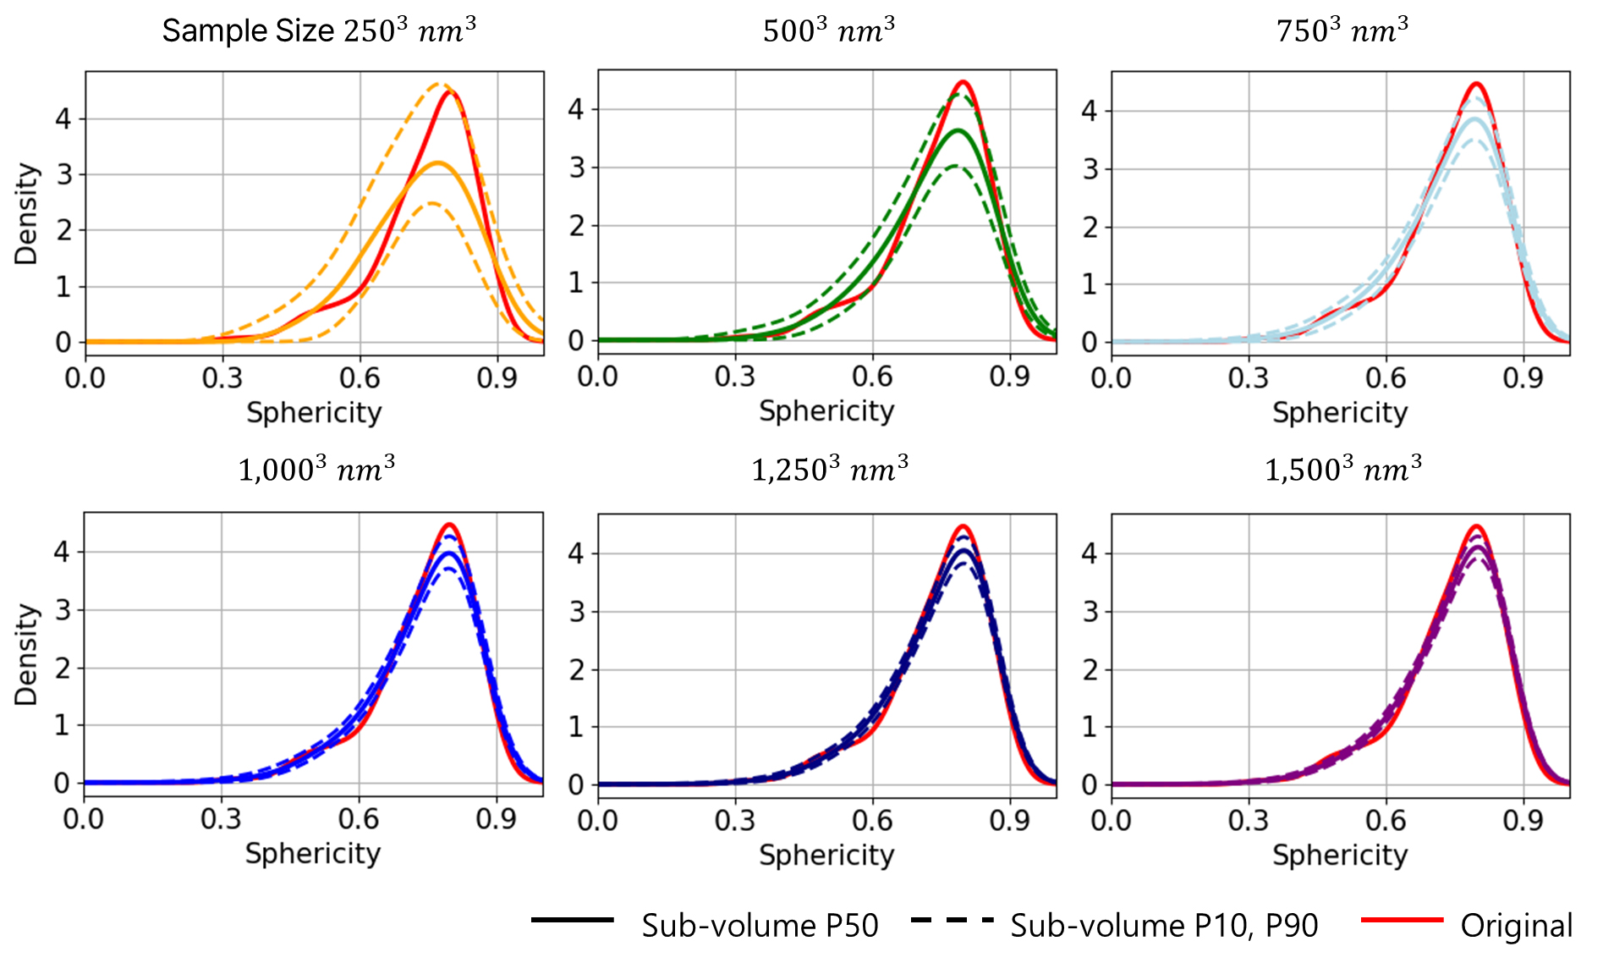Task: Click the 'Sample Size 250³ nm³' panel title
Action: [x=319, y=30]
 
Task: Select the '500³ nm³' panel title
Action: [x=828, y=30]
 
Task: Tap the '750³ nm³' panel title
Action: [x=1342, y=30]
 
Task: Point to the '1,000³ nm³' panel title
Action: [x=316, y=469]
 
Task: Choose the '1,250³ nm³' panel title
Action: [x=829, y=469]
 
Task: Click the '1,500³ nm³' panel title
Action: [x=1342, y=469]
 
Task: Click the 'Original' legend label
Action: [x=1516, y=926]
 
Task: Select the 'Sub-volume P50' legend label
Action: [x=760, y=926]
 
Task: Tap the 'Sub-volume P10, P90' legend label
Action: [x=1164, y=926]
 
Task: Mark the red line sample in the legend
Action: [x=1402, y=920]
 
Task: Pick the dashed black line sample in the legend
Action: [x=952, y=920]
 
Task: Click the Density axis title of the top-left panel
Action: [x=26, y=213]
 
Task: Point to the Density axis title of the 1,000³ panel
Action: [x=26, y=654]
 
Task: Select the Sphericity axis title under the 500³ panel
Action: [x=826, y=411]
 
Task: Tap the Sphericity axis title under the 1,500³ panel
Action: [x=1340, y=855]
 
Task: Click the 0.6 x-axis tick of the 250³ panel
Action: [x=360, y=377]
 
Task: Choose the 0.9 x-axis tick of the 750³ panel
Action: [x=1523, y=377]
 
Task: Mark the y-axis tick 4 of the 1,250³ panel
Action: [x=577, y=553]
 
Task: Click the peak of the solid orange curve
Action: [x=437, y=162]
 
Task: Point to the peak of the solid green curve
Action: [x=958, y=130]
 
